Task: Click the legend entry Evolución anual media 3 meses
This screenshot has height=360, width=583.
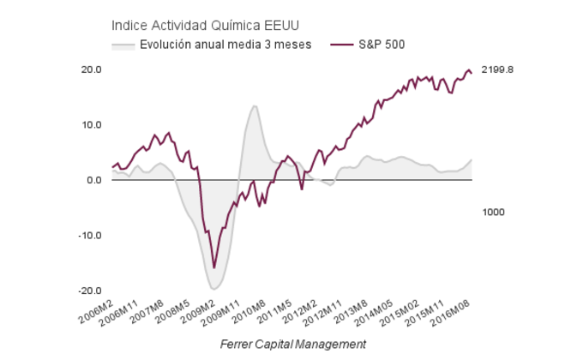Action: click(x=225, y=44)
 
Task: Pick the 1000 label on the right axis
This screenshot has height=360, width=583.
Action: click(x=492, y=211)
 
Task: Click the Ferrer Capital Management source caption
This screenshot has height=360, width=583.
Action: click(x=292, y=344)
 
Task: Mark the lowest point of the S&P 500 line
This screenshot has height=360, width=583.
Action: click(x=214, y=268)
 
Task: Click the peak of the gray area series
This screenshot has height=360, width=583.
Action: click(x=255, y=106)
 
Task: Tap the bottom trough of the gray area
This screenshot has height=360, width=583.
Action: click(x=214, y=289)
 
